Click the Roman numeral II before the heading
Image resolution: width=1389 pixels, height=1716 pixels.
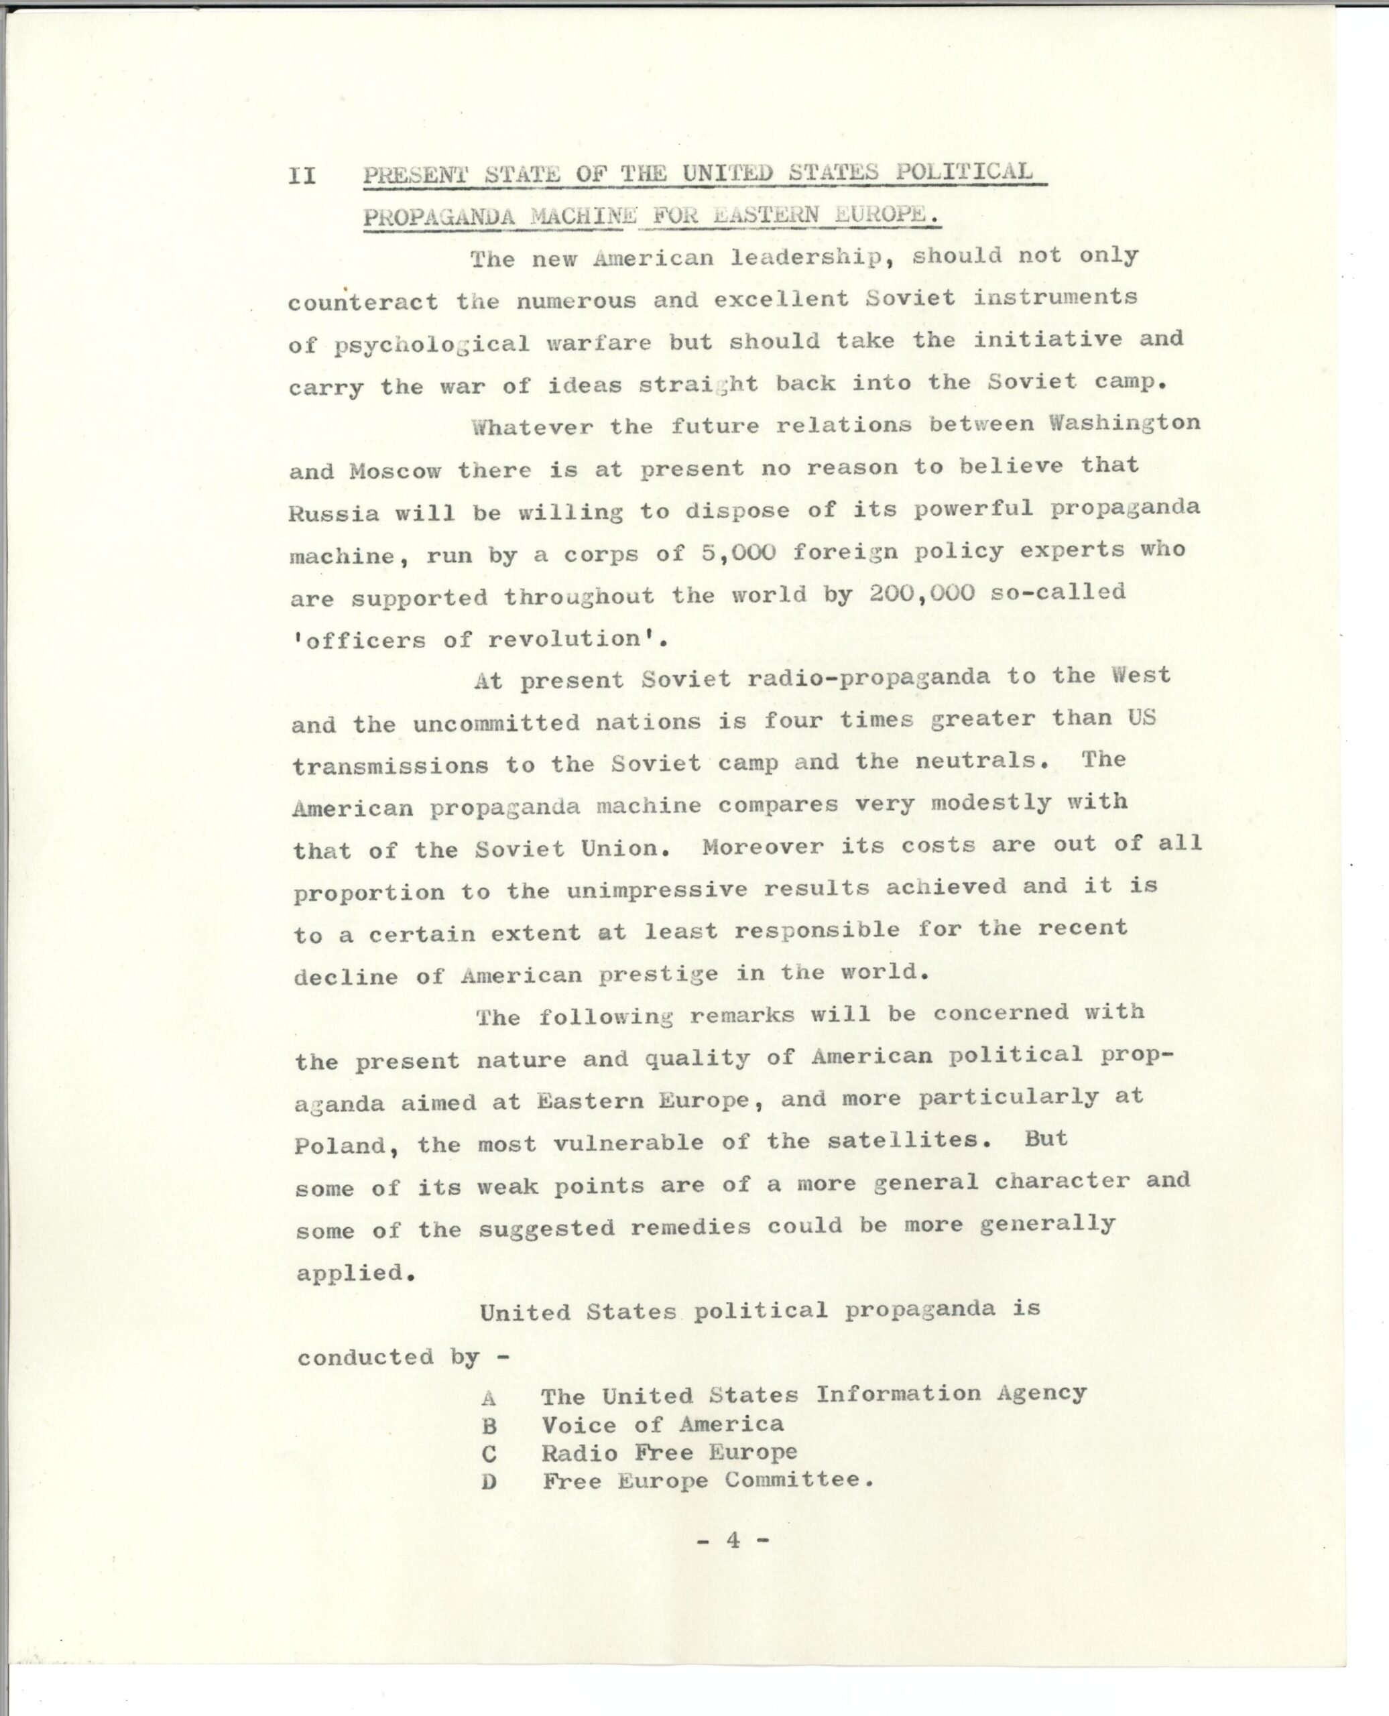pyautogui.click(x=302, y=175)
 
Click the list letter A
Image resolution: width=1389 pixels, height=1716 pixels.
pyautogui.click(x=489, y=1398)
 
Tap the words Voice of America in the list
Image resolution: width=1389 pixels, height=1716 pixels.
pyautogui.click(x=662, y=1425)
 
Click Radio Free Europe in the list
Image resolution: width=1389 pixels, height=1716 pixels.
pyautogui.click(x=669, y=1453)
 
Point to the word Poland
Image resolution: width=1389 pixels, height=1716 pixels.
pyautogui.click(x=341, y=1146)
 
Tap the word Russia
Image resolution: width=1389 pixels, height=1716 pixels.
pyautogui.click(x=334, y=513)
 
